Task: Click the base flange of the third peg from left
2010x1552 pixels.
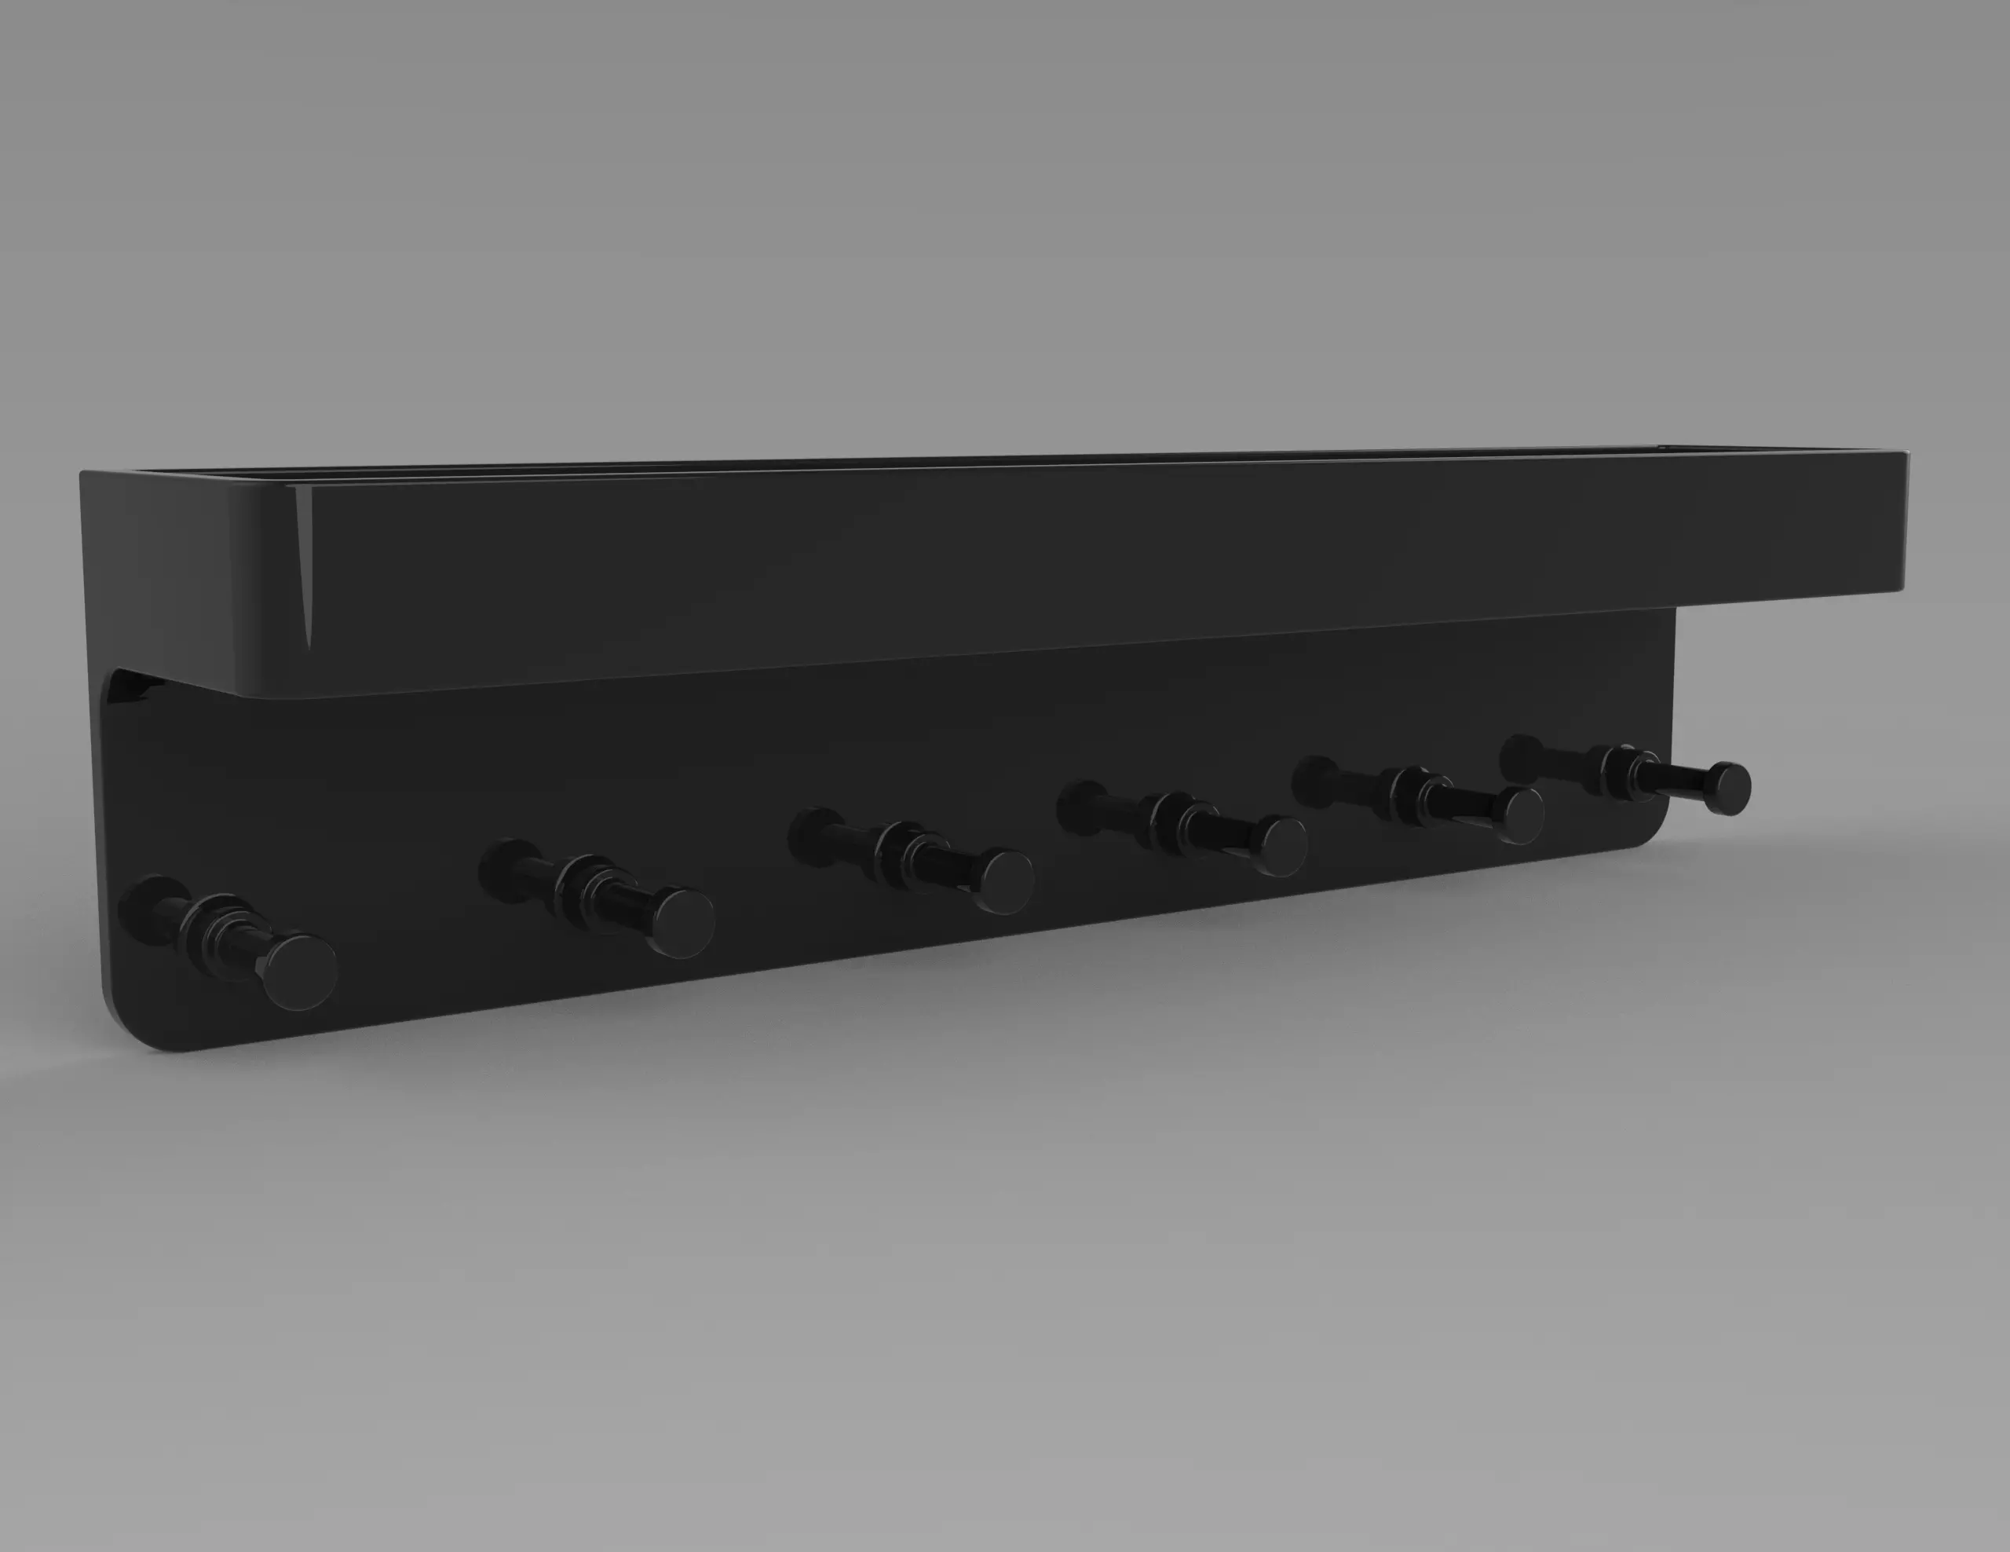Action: point(813,834)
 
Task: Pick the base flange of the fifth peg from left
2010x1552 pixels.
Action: point(1317,780)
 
